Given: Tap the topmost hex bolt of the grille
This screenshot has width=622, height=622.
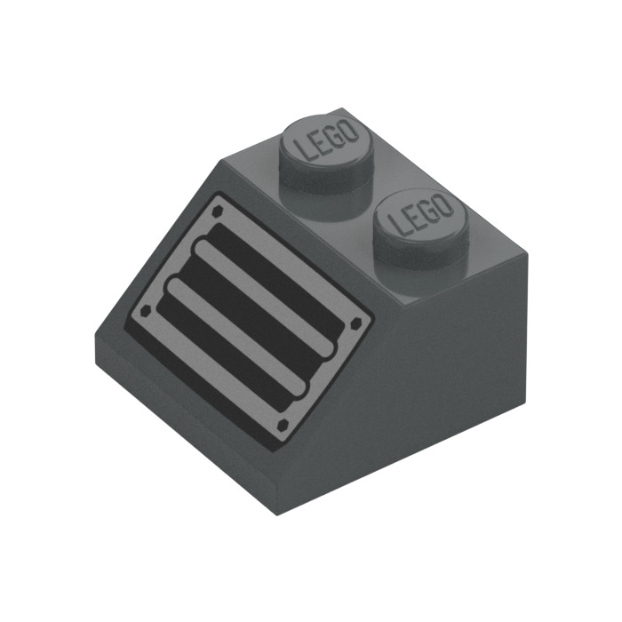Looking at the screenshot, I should pyautogui.click(x=216, y=211).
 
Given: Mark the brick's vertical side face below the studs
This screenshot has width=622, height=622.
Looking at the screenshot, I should pyautogui.click(x=462, y=382).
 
